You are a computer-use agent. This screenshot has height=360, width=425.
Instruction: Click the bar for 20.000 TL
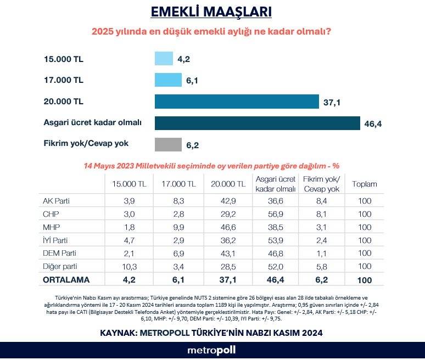point(237,102)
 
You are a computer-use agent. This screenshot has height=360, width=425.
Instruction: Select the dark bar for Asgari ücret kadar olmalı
point(257,123)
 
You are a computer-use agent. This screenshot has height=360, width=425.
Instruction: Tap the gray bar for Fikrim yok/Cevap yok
point(168,144)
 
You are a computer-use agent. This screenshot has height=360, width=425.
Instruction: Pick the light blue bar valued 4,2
point(164,59)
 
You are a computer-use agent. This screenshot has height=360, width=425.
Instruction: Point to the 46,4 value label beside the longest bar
point(373,124)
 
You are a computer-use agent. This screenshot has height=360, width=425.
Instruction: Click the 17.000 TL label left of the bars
point(63,80)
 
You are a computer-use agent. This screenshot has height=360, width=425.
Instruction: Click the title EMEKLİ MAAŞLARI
point(211,12)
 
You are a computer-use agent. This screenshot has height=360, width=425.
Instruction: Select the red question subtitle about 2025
point(211,32)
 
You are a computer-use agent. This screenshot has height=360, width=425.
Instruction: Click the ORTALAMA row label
point(65,279)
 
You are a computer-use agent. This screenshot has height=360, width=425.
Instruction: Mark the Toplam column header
point(365,184)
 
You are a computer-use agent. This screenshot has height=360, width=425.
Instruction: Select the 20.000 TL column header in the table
point(229,184)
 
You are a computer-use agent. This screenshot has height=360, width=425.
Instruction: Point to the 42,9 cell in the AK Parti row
point(229,200)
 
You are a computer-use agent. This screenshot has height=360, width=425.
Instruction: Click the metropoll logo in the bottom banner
point(211,350)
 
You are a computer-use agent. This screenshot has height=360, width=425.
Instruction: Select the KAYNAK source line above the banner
point(211,333)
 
